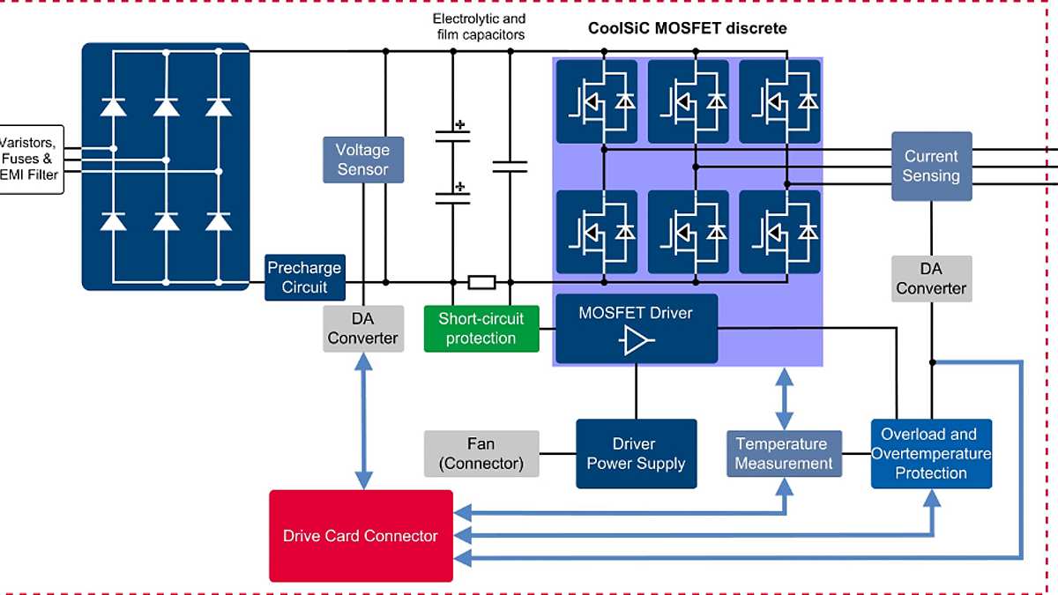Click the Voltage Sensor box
[362, 160]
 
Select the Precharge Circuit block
[304, 277]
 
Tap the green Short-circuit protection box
[481, 328]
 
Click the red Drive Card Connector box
[361, 536]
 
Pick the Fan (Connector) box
[481, 453]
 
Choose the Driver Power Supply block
[636, 453]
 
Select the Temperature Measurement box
[783, 453]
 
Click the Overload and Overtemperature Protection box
[931, 453]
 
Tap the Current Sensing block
[931, 166]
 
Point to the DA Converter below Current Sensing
[931, 279]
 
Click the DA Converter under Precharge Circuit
[363, 328]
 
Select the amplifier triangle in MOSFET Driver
[636, 340]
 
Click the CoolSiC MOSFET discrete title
[687, 28]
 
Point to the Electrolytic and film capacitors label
[479, 26]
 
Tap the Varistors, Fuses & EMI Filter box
[31, 159]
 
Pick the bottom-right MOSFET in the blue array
[779, 231]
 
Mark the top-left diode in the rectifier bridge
[113, 107]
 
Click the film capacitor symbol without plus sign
[510, 167]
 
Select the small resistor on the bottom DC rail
[481, 282]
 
